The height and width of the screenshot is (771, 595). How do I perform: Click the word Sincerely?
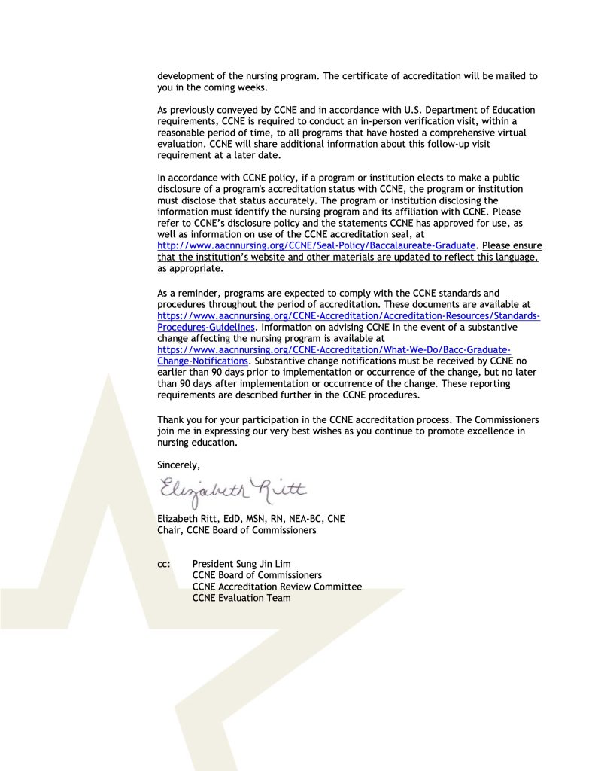(x=178, y=465)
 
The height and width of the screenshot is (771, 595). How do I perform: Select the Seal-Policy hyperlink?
(x=317, y=245)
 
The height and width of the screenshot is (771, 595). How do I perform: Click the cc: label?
(x=163, y=563)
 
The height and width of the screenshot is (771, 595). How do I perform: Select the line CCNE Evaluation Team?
(x=241, y=598)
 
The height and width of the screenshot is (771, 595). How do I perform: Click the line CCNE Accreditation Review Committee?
(x=277, y=587)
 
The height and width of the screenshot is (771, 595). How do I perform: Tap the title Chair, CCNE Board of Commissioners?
(x=236, y=529)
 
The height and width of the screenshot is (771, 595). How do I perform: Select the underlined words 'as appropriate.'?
(x=190, y=268)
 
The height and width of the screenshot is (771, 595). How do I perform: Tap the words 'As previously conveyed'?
(x=207, y=110)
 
